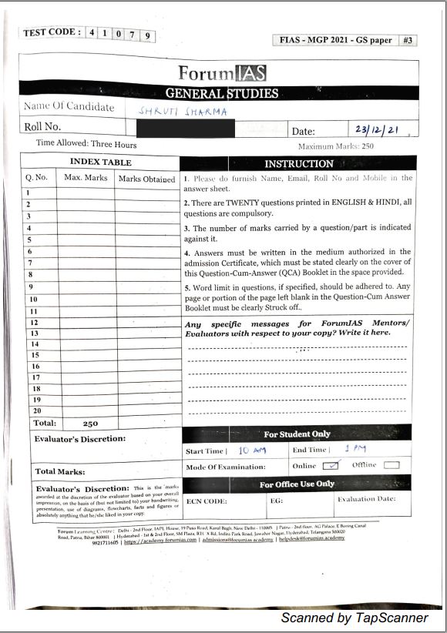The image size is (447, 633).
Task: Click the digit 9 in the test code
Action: (x=146, y=34)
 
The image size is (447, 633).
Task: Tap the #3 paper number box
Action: (x=408, y=40)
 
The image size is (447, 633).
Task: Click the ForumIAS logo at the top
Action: (x=222, y=74)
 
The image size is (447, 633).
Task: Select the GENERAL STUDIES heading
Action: (x=222, y=93)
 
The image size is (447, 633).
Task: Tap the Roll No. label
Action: (x=42, y=127)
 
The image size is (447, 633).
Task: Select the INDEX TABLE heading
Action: (x=100, y=162)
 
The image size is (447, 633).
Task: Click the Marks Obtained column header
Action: (x=146, y=179)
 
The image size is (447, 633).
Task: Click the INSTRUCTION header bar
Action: (x=299, y=163)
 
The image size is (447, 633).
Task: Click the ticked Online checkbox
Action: (x=331, y=465)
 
